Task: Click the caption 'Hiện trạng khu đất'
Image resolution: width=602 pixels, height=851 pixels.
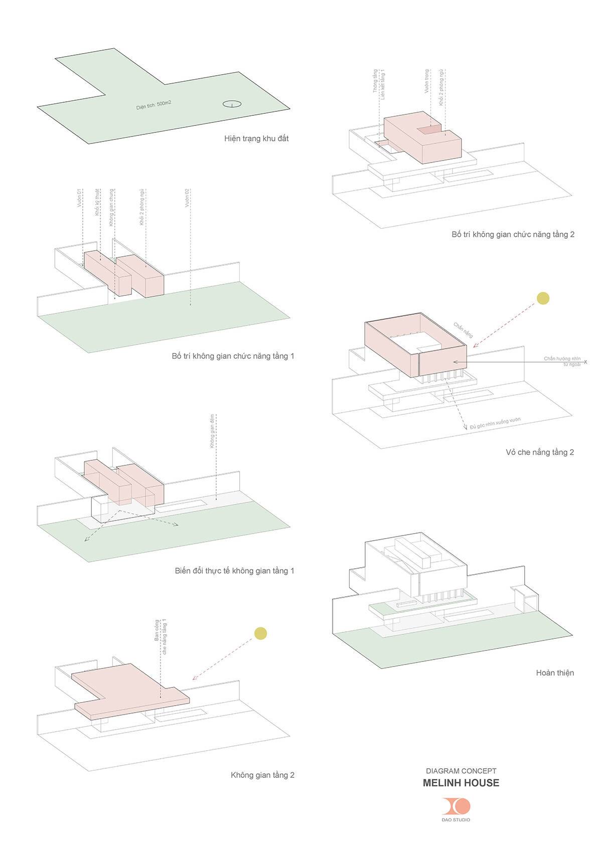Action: [x=256, y=138]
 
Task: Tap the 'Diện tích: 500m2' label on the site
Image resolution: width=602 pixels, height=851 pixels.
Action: [x=154, y=105]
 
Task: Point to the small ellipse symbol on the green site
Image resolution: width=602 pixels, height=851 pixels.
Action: [x=232, y=104]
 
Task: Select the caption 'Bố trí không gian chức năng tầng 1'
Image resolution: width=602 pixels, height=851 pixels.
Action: [x=233, y=356]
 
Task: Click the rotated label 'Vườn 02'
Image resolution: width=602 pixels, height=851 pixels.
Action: [x=187, y=198]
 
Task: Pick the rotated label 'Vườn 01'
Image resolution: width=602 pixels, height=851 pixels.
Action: [x=79, y=198]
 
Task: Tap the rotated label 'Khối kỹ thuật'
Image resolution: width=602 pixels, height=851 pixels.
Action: [x=97, y=202]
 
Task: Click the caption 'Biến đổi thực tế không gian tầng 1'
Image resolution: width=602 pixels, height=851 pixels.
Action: [x=234, y=571]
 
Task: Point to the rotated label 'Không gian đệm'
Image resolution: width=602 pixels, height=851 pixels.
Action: [x=212, y=431]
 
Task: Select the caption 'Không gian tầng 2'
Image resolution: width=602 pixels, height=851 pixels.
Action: [x=262, y=775]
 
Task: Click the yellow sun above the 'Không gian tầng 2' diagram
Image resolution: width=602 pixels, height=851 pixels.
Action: [x=260, y=633]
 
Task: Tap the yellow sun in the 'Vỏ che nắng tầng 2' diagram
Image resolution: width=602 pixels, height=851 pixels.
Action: [x=543, y=298]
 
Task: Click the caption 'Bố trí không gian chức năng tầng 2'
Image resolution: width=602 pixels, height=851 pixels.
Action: [x=513, y=234]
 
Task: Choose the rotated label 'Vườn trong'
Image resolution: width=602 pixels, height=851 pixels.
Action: [x=427, y=81]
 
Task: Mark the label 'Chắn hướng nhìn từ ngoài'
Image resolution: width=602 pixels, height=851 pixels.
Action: [x=562, y=361]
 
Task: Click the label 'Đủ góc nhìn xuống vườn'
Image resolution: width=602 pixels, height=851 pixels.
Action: [x=495, y=424]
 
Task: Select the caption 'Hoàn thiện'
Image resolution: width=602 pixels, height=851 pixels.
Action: [x=555, y=673]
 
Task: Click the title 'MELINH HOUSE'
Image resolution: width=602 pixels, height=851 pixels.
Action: [x=461, y=783]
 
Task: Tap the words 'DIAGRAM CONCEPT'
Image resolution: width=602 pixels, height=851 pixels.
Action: [x=461, y=771]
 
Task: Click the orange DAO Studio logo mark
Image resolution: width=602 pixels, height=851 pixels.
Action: [x=456, y=806]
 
